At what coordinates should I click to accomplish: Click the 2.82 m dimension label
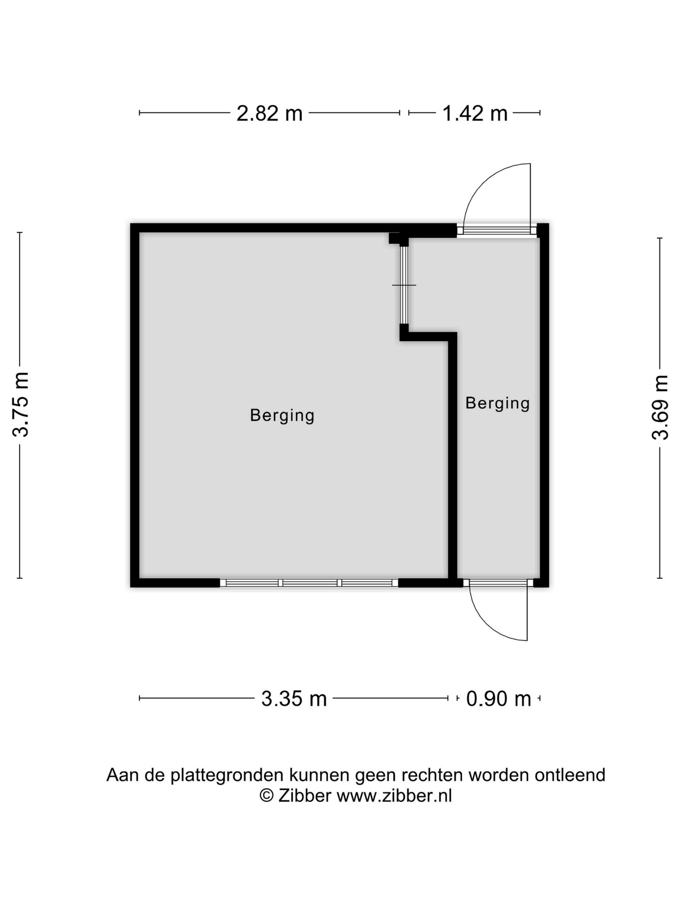[x=269, y=113]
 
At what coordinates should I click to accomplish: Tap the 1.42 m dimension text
[x=475, y=113]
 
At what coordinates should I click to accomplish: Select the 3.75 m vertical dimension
[x=20, y=404]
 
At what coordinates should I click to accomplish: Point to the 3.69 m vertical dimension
[x=660, y=407]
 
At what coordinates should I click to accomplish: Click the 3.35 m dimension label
[x=294, y=699]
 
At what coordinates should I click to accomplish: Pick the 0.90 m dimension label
[x=498, y=699]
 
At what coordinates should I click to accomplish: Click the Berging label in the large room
[x=282, y=415]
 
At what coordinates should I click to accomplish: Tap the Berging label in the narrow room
[x=498, y=403]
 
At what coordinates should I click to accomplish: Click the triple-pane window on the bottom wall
[x=309, y=583]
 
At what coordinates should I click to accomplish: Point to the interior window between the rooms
[x=404, y=285]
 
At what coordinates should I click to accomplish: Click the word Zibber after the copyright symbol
[x=305, y=796]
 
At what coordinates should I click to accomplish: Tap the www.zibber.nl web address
[x=394, y=796]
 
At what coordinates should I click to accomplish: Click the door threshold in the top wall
[x=497, y=230]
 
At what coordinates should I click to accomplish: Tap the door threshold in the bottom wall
[x=498, y=583]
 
